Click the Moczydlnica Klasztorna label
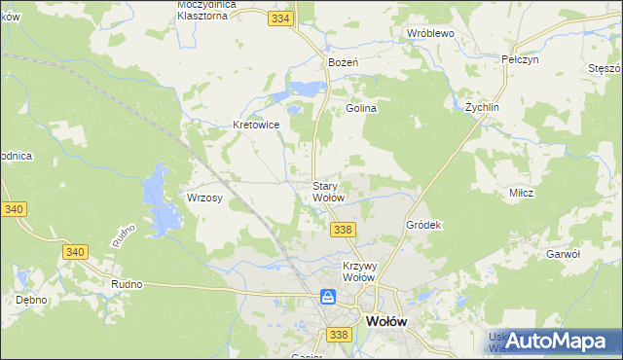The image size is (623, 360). coord(202,10)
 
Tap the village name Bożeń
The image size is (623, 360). coord(344,62)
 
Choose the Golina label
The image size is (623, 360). coord(361,109)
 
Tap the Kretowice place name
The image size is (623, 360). coord(257,125)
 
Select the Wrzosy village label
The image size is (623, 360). coord(205,198)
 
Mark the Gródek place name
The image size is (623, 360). coord(423,225)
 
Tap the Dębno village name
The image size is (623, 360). coord(31,300)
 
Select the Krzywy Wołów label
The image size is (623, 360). coord(359,270)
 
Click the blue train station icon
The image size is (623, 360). coord(329,297)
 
